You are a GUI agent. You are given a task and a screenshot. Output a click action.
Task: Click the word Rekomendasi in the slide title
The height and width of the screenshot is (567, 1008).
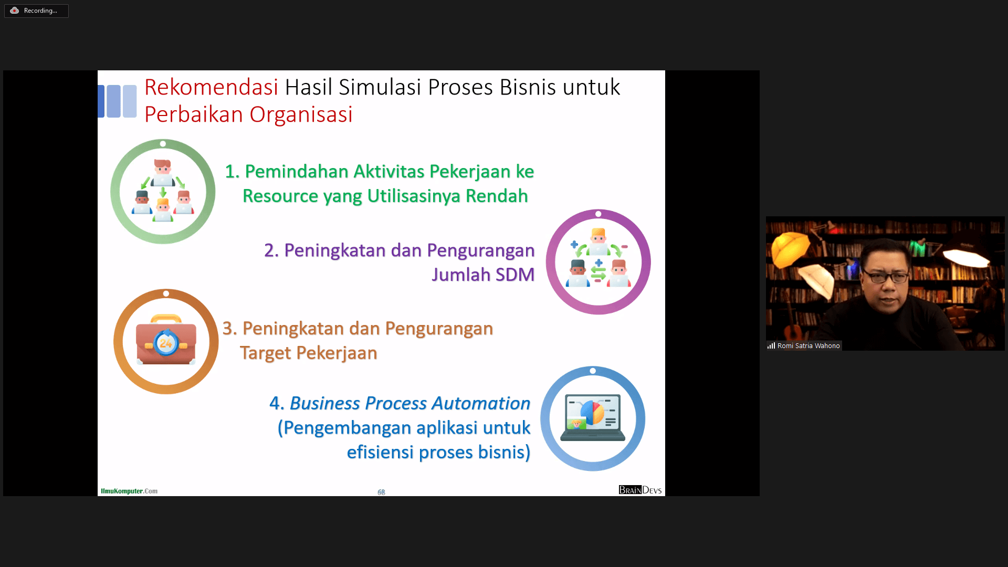tap(211, 87)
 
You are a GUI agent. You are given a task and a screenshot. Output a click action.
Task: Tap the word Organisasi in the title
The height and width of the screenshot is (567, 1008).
tap(301, 114)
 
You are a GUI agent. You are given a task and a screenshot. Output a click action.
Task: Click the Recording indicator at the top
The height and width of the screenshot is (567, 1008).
tap(36, 10)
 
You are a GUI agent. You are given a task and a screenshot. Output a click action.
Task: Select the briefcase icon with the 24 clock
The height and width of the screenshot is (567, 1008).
tap(166, 340)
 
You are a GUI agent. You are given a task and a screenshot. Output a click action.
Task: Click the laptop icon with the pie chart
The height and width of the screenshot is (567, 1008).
tap(593, 417)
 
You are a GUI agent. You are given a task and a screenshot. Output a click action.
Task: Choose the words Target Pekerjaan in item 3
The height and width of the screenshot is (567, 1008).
tap(309, 353)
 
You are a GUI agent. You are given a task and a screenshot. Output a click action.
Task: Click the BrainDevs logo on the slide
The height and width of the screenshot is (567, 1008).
tap(640, 490)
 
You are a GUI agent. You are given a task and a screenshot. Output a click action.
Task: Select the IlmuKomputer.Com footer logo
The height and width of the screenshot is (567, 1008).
tap(129, 491)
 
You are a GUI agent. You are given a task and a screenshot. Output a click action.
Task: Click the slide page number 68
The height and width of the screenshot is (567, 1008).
tap(381, 492)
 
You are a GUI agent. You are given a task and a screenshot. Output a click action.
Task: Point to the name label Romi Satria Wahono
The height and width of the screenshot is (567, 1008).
tap(808, 346)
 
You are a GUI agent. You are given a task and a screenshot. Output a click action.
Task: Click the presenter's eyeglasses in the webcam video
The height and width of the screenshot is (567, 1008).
tap(886, 277)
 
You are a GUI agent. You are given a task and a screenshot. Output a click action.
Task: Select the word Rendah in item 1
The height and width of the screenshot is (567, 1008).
tap(497, 196)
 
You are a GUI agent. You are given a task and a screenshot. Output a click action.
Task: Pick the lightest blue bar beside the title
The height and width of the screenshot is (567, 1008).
tap(130, 101)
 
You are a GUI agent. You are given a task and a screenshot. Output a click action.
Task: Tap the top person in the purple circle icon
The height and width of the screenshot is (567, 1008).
tap(598, 241)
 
